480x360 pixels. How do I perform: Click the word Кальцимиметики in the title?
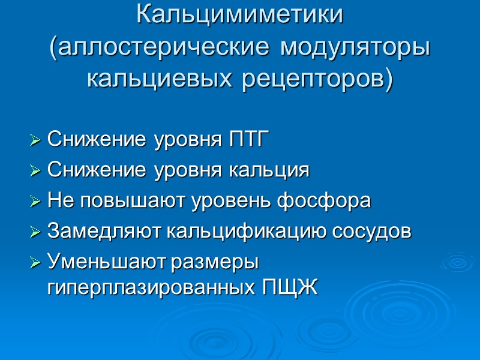click(x=240, y=15)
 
